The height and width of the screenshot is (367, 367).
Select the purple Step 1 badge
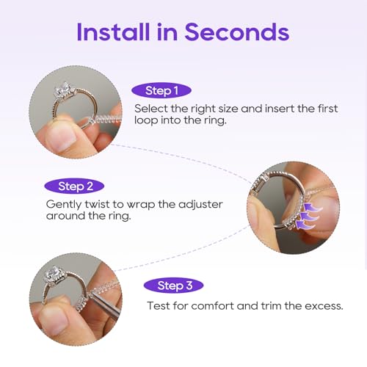coord(163,91)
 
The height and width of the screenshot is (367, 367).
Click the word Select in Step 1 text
coord(150,108)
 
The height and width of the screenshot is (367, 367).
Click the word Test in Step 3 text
coord(159,305)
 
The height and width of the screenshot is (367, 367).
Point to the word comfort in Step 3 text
coord(211,305)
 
